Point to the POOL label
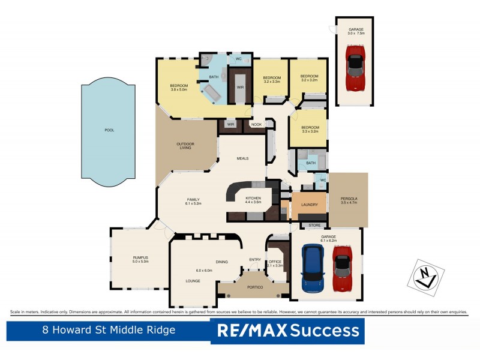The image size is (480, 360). [x=109, y=130]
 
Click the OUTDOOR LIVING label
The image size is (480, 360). [x=184, y=145]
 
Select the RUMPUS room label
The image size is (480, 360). [x=140, y=257]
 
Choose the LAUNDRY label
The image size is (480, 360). [x=308, y=205]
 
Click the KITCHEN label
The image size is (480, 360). [x=253, y=198]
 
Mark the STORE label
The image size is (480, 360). [x=314, y=225]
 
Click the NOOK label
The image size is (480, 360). [x=256, y=124]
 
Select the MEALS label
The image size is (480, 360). [x=242, y=158]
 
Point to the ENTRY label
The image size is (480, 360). [x=255, y=259]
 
